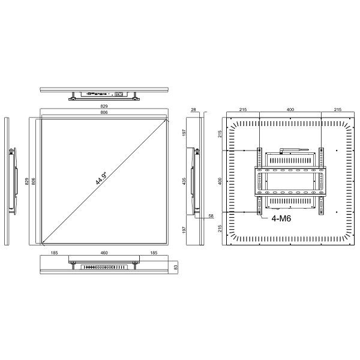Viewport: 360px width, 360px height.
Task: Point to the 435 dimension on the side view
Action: [x=185, y=180]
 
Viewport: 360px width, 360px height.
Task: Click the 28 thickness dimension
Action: [x=194, y=110]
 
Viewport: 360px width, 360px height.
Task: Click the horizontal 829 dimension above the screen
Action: [x=104, y=106]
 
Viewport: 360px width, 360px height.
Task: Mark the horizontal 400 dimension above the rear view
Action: [x=290, y=110]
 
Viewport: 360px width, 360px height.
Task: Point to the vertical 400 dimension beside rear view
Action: [x=220, y=180]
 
